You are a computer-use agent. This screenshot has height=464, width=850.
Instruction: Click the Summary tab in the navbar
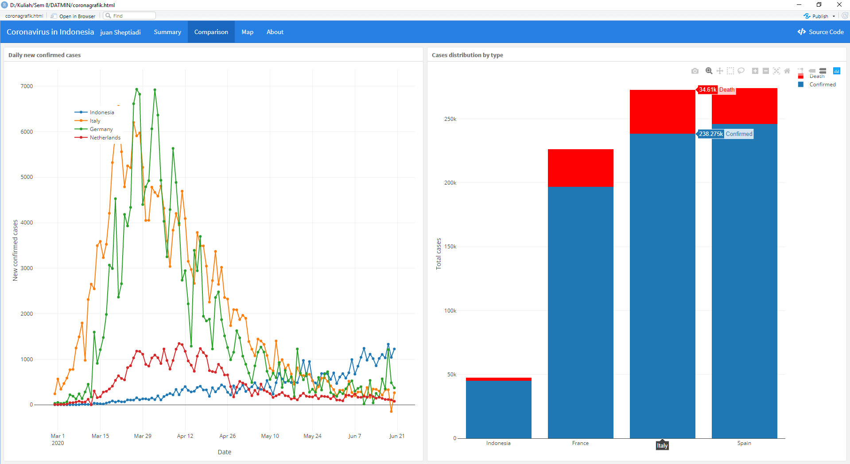click(x=167, y=32)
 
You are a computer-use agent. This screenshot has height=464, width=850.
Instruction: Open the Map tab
click(x=247, y=32)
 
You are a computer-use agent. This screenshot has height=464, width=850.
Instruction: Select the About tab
click(x=275, y=32)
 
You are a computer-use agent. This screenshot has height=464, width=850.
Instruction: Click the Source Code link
click(x=821, y=32)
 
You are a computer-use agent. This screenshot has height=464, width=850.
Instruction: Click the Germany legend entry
click(x=101, y=129)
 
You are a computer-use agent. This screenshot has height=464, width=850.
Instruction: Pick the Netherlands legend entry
click(x=105, y=138)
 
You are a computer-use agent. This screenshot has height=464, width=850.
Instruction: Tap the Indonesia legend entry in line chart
click(x=101, y=112)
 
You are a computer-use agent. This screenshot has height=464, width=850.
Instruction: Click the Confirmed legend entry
click(x=822, y=85)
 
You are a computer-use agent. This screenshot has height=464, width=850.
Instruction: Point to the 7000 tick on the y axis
click(x=27, y=86)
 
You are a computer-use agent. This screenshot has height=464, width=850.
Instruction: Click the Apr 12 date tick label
click(x=185, y=436)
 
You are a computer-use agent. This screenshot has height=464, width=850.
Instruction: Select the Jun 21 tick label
click(x=397, y=436)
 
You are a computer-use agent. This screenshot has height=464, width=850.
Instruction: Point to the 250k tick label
click(x=450, y=119)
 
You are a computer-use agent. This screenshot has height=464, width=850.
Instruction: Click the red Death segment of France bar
click(x=580, y=168)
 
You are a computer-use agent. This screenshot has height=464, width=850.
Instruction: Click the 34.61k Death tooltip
click(x=716, y=90)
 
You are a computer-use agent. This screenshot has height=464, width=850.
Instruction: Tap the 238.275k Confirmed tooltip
click(x=725, y=134)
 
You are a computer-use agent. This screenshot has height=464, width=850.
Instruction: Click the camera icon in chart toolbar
click(x=695, y=71)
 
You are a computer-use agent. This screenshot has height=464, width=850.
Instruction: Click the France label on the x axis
click(x=580, y=443)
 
